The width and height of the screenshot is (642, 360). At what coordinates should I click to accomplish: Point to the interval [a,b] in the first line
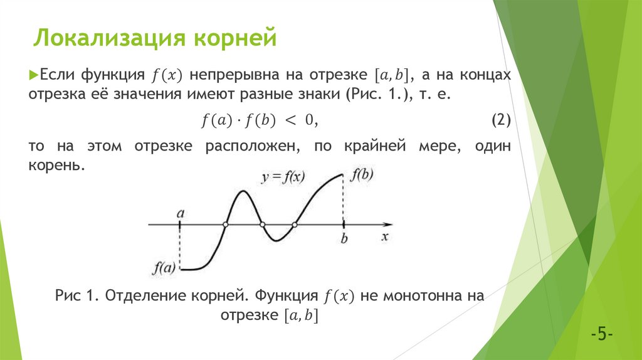[391, 75]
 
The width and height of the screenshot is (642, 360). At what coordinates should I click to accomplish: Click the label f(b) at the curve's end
[362, 174]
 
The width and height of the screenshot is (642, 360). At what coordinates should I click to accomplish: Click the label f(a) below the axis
[163, 268]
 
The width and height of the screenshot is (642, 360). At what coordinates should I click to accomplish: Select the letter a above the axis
[180, 213]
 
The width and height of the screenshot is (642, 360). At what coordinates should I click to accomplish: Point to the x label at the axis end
[386, 236]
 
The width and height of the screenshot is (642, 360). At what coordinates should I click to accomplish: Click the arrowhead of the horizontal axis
[389, 224]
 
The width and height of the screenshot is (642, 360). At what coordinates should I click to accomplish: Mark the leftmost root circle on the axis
[226, 224]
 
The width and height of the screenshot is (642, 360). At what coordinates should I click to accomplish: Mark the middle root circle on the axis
[262, 224]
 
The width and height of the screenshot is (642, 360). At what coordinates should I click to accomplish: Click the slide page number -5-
[601, 333]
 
